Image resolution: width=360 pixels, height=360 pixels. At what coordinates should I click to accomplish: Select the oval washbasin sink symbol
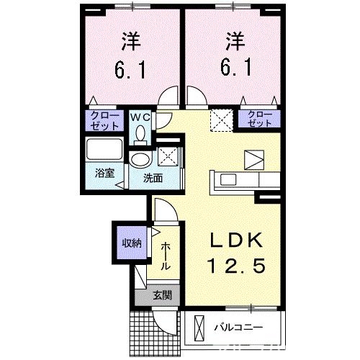pyautogui.click(x=140, y=159)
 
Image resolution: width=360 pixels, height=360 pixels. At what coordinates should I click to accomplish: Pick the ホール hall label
pyautogui.click(x=166, y=256)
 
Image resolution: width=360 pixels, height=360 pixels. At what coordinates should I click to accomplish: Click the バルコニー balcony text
pyautogui.click(x=238, y=329)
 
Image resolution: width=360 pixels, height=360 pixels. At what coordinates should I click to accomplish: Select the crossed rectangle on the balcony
pyautogui.click(x=197, y=329)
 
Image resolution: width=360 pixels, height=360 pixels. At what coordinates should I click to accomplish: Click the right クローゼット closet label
pyautogui.click(x=260, y=119)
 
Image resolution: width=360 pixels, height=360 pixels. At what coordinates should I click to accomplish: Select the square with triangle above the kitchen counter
pyautogui.click(x=254, y=158)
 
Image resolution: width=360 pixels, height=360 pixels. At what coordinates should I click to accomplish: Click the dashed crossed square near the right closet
pyautogui.click(x=220, y=120)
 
